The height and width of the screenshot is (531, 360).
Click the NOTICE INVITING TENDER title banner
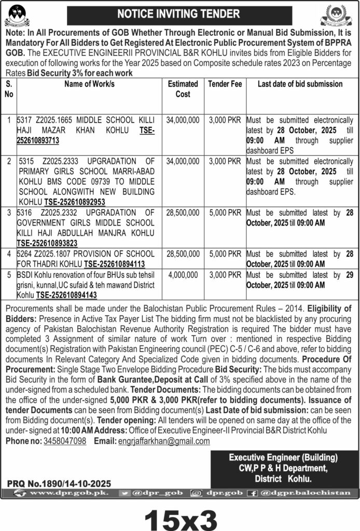pyautogui.click(x=178, y=13)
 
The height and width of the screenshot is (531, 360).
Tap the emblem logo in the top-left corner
pyautogui.click(x=17, y=15)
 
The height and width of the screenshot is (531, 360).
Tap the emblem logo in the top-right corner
pyautogui.click(x=340, y=15)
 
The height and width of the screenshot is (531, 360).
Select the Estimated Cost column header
pyautogui.click(x=183, y=89)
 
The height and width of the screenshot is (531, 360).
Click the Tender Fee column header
pyautogui.click(x=225, y=83)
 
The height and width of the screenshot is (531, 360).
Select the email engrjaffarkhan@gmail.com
pyautogui.click(x=167, y=441)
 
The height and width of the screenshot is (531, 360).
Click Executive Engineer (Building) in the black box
pyautogui.click(x=283, y=457)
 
